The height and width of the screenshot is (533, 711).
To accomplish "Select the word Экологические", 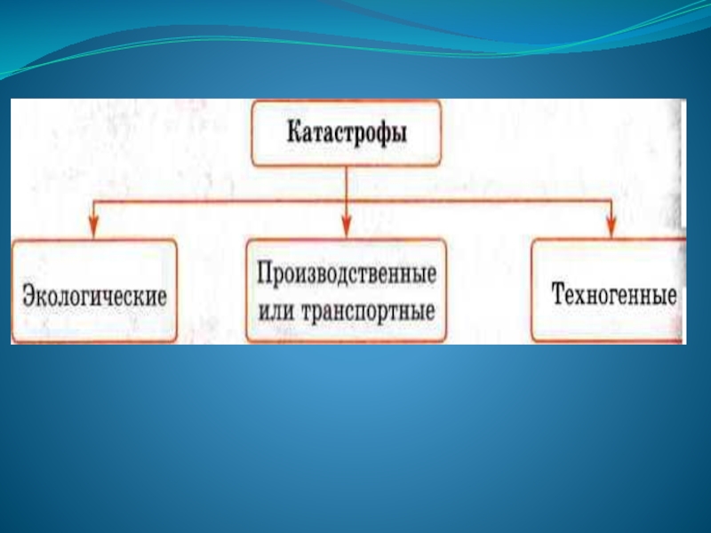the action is [x=95, y=295].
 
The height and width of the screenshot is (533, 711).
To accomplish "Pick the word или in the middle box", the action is [x=278, y=313].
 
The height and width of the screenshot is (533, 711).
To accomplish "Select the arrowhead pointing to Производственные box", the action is [x=346, y=228].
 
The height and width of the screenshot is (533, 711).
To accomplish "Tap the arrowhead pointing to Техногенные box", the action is [x=611, y=228].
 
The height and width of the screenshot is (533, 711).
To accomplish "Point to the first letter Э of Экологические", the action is [x=28, y=295].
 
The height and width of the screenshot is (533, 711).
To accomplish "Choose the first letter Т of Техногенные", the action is [x=558, y=294].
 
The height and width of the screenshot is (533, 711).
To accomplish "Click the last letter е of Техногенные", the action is [x=671, y=295].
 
